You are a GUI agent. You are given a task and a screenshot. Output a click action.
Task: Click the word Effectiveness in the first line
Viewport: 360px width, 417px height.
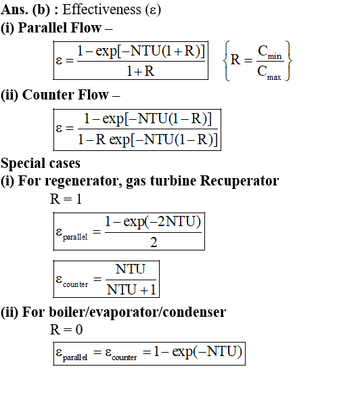pos(102,9)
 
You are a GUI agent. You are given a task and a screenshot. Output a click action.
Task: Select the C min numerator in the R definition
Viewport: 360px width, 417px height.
pos(269,52)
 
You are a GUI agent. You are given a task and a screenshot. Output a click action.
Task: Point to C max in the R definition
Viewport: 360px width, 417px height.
pos(269,72)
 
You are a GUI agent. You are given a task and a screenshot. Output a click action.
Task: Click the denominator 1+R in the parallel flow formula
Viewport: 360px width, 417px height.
pos(140,71)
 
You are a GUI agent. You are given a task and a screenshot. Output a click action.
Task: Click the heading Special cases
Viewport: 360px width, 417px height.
pos(41,163)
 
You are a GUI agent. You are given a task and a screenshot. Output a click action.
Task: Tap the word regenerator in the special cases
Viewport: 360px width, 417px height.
pos(83,181)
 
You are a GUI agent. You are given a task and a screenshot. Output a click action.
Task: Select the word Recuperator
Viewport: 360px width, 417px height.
pos(240,181)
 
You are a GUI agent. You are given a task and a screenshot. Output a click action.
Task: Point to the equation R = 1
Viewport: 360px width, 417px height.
pos(66,199)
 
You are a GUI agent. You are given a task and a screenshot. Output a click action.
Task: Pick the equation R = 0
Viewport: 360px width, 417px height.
pos(66,330)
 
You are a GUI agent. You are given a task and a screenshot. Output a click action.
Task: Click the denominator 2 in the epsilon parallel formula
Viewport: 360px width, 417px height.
pos(154,242)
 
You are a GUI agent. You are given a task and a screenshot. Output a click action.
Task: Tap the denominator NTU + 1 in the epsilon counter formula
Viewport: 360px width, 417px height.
pos(131,290)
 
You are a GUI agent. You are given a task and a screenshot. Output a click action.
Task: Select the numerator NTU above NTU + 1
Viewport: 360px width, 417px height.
pos(131,269)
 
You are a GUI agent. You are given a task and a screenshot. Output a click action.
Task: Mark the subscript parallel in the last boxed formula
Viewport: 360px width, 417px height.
pos(75,357)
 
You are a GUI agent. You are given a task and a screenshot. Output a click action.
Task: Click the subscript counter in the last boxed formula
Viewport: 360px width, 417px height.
pos(124,357)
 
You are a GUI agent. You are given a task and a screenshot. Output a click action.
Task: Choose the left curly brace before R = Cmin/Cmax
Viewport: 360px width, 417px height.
pos(226,61)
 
